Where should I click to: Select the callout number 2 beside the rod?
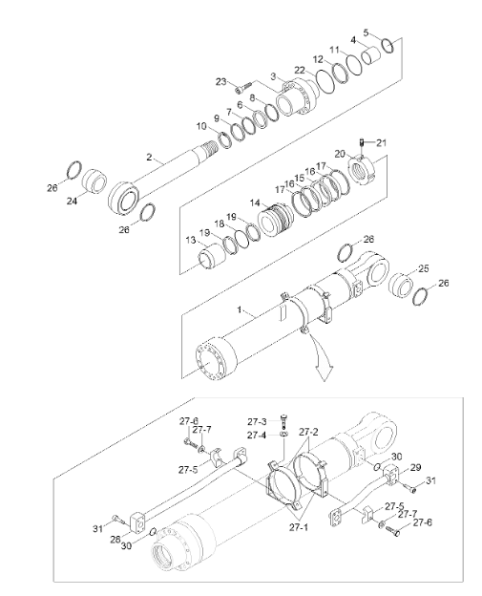click(x=149, y=157)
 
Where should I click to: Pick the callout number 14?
click(x=255, y=202)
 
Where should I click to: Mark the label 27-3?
click(x=256, y=420)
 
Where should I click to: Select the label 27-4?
click(x=256, y=435)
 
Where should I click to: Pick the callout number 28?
click(x=116, y=539)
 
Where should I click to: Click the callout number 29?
click(x=415, y=467)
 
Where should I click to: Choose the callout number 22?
click(x=300, y=70)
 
